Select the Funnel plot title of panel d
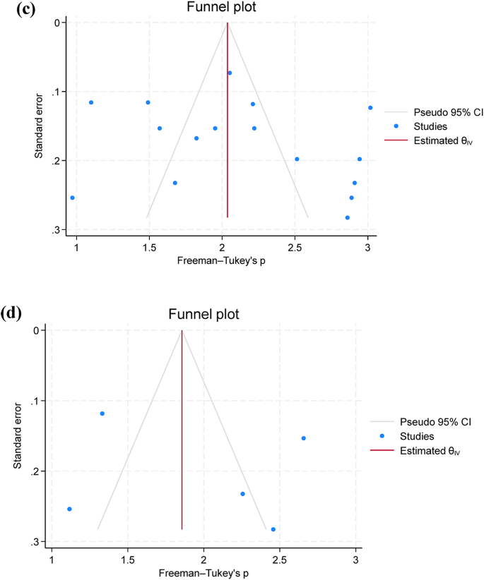[x=203, y=314]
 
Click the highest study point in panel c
[x=230, y=73]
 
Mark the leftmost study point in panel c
[x=73, y=198]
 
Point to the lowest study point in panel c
[x=347, y=217]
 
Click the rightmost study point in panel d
[x=304, y=438]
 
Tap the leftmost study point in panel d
[x=69, y=509]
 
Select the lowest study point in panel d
[x=273, y=529]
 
